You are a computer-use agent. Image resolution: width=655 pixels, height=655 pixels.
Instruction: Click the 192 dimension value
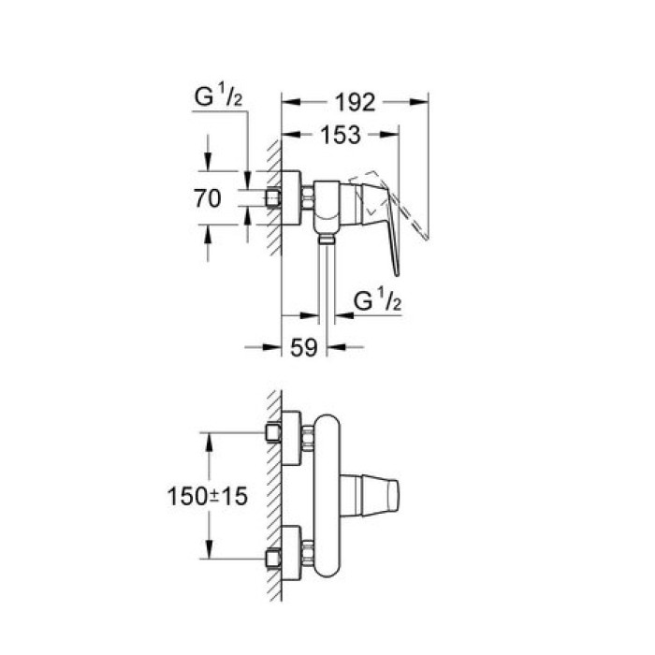pyautogui.click(x=355, y=102)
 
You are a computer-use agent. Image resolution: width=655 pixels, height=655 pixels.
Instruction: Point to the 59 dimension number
pyautogui.click(x=302, y=348)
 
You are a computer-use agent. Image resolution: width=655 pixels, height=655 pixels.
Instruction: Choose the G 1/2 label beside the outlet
pyautogui.click(x=378, y=301)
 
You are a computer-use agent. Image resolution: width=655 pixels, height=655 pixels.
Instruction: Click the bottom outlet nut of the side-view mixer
pyautogui.click(x=326, y=240)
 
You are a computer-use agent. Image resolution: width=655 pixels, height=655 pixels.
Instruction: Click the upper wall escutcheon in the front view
pyautogui.click(x=292, y=434)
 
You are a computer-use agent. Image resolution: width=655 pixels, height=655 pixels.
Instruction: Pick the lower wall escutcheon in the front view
pyautogui.click(x=292, y=554)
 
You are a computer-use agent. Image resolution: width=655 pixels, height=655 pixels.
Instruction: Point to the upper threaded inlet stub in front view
pyautogui.click(x=273, y=433)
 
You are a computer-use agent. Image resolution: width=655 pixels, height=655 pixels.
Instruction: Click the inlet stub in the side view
pyautogui.click(x=273, y=198)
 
